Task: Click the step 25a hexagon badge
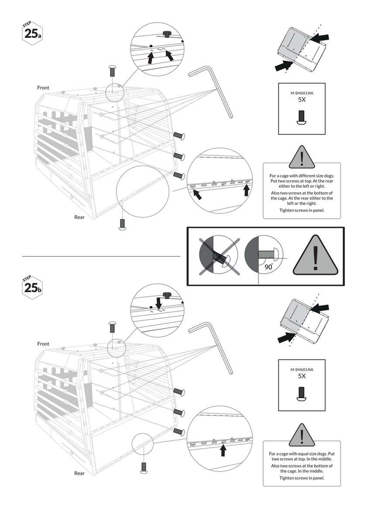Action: click(32, 34)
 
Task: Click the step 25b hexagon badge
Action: click(32, 288)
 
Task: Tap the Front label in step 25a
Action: click(43, 88)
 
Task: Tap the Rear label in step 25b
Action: click(79, 473)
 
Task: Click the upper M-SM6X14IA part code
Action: click(302, 93)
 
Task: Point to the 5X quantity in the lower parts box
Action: click(302, 376)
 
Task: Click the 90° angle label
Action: click(268, 267)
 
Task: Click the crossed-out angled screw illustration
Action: click(219, 255)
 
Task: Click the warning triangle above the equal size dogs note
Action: click(302, 435)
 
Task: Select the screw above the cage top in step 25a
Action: click(112, 71)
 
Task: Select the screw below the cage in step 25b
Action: click(144, 468)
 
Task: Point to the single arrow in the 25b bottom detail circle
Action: click(223, 450)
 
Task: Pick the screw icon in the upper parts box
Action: click(302, 118)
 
